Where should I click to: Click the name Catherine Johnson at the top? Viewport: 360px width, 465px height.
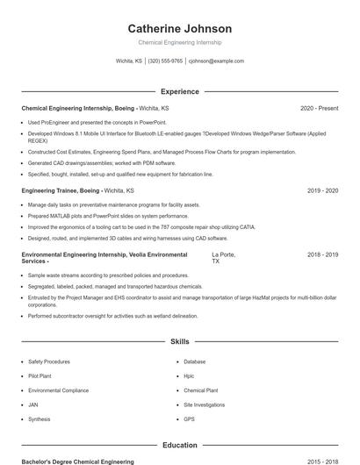pos(180,28)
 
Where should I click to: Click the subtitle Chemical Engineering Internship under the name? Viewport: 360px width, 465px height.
pos(180,42)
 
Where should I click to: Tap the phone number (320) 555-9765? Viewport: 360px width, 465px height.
pos(165,61)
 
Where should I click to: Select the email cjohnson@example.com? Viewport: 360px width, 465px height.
pos(216,61)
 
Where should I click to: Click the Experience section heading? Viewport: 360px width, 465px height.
pos(180,91)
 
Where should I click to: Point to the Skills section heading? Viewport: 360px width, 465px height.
pos(180,341)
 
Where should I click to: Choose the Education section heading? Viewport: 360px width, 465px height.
pos(180,445)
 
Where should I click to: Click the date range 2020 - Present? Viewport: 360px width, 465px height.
pos(319,108)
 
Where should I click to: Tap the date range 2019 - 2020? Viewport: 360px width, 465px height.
pos(322,190)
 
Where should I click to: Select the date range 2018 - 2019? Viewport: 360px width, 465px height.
pos(322,254)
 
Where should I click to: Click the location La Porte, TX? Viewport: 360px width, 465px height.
pos(224,258)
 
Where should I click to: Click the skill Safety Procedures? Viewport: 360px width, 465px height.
pos(49,361)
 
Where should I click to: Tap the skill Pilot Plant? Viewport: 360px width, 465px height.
pos(40,376)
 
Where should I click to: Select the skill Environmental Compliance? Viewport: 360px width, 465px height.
pos(58,390)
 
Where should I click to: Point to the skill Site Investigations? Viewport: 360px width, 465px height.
pos(205,404)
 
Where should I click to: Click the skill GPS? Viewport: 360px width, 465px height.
pos(190,419)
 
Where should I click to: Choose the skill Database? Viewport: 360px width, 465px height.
pos(195,361)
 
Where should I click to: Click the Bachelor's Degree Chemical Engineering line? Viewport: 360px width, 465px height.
pos(77,461)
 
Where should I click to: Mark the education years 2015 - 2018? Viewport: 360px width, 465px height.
pos(322,461)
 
